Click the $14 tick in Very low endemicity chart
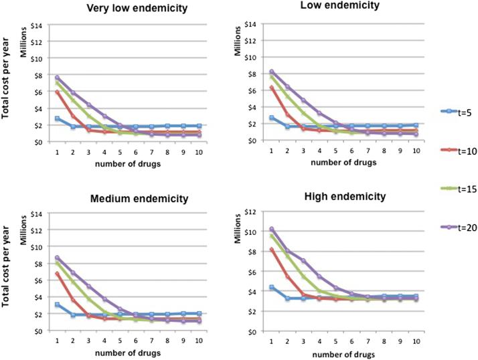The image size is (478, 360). click(38, 25)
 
